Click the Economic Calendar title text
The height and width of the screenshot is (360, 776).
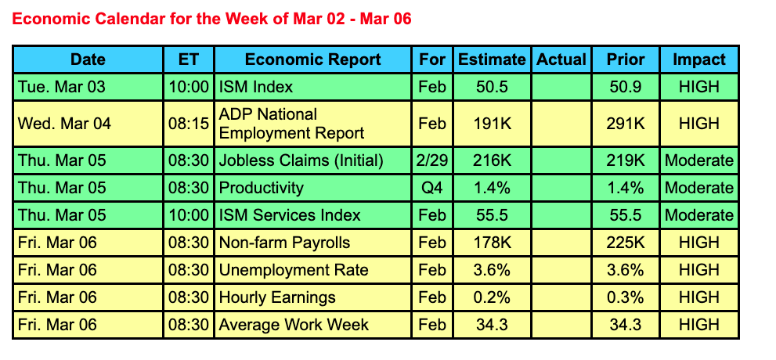212,19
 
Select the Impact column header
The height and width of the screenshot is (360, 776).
699,59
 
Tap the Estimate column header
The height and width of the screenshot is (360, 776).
492,59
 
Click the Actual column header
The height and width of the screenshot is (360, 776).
561,59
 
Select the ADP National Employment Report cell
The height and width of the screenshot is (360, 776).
291,123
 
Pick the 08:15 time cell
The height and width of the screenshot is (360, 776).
189,123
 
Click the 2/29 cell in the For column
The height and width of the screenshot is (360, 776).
432,160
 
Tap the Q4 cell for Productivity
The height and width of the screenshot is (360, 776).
432,188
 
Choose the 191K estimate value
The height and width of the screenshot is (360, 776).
492,123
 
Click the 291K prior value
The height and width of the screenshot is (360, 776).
625,123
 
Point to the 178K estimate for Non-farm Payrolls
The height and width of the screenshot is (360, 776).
492,243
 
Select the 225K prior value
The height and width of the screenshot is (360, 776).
625,243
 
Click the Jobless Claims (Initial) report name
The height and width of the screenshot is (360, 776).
301,160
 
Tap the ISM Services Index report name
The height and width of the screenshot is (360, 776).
290,215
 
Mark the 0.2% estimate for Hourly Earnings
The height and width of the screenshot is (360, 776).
492,297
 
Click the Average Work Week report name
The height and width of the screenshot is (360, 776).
294,325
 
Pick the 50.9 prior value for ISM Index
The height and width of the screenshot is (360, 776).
625,87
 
